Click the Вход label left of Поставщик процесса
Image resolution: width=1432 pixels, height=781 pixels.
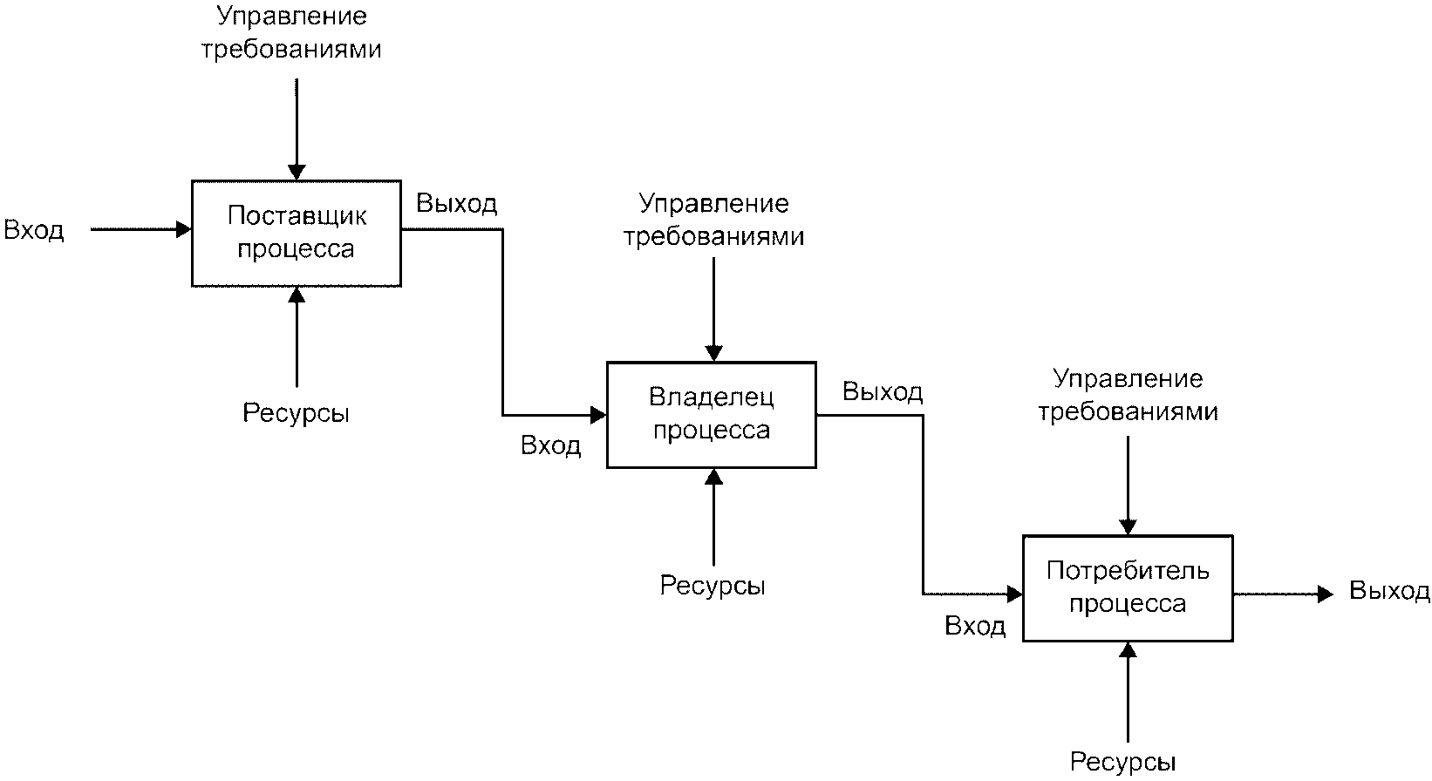click(34, 229)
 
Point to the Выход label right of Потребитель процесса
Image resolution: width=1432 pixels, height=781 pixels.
click(1389, 590)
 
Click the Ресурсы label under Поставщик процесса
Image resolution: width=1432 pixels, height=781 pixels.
click(296, 413)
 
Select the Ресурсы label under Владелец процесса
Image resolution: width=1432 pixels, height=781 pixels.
click(713, 586)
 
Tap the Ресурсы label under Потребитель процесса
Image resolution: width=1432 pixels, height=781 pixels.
click(1123, 762)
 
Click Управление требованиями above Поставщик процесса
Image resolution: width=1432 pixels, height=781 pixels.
click(291, 32)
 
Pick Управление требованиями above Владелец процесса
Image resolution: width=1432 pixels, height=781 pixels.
click(714, 220)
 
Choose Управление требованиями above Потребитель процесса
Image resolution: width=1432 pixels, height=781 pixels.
click(1129, 395)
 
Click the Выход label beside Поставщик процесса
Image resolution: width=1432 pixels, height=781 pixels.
click(456, 203)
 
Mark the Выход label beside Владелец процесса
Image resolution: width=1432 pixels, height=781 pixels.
click(883, 391)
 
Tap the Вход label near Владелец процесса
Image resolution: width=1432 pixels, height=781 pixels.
click(551, 445)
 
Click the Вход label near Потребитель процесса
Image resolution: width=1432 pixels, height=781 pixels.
click(976, 626)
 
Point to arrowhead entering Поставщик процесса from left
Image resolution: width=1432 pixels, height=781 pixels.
click(184, 228)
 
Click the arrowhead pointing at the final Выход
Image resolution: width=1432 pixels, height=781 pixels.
click(1326, 594)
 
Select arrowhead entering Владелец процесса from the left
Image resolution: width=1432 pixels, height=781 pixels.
click(598, 415)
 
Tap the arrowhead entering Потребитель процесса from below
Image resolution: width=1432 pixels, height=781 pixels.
click(1129, 650)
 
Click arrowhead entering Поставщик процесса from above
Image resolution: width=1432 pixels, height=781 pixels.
click(297, 172)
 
